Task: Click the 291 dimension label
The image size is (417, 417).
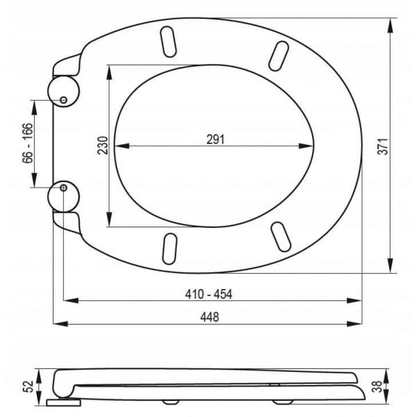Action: click(215, 140)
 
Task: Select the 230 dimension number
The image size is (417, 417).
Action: click(103, 145)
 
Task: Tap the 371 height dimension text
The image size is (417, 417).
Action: click(383, 146)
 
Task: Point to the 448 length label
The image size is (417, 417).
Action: click(210, 317)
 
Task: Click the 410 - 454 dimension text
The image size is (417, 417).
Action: click(208, 294)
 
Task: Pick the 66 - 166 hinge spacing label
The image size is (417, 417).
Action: click(28, 143)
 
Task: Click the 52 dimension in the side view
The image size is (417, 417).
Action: click(28, 386)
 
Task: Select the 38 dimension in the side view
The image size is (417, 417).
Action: click(377, 386)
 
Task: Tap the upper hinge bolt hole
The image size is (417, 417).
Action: click(63, 100)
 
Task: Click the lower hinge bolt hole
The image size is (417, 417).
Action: click(63, 188)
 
